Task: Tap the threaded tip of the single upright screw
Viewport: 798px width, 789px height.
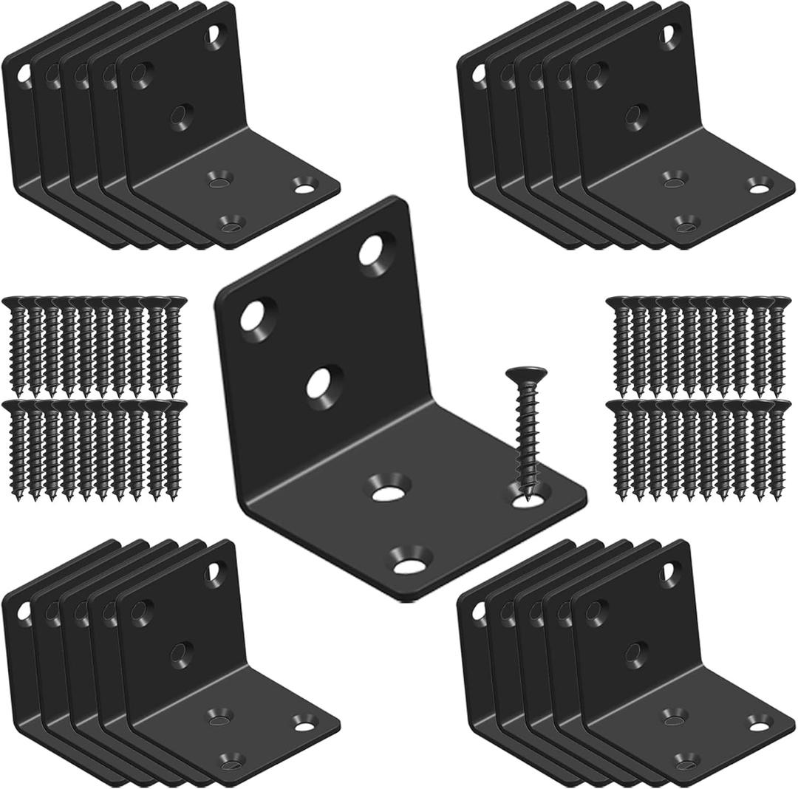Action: (x=529, y=496)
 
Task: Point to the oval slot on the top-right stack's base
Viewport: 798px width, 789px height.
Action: (x=757, y=185)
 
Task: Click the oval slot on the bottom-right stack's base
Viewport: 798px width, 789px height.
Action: (x=757, y=720)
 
